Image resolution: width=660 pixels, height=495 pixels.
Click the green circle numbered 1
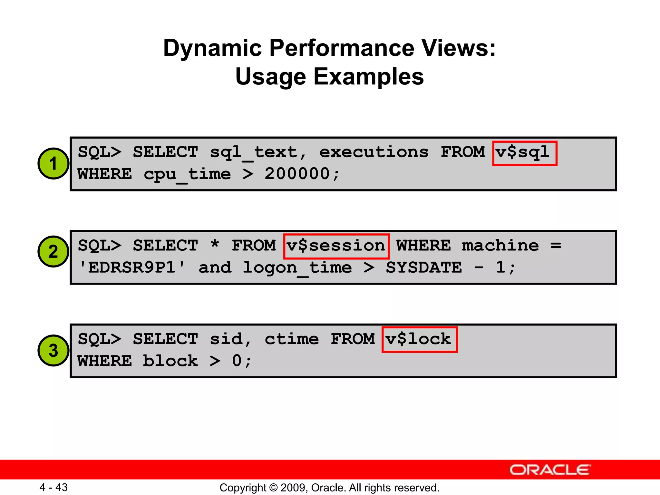click(53, 163)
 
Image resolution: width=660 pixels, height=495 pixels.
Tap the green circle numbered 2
click(53, 251)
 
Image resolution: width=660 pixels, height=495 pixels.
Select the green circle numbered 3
click(53, 350)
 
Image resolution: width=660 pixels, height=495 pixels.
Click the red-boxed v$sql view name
click(525, 153)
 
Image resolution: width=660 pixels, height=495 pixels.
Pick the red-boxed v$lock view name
click(419, 340)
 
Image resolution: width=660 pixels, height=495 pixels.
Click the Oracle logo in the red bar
click(550, 470)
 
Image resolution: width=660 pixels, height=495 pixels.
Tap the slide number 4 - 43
click(53, 487)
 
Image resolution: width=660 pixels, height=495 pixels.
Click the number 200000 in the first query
click(297, 174)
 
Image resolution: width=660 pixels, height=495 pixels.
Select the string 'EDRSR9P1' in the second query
click(132, 267)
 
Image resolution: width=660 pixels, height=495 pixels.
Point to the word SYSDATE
click(424, 267)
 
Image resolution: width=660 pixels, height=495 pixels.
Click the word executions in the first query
click(374, 152)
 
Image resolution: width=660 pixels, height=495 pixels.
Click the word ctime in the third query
click(292, 339)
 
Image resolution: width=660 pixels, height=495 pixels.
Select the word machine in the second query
click(500, 246)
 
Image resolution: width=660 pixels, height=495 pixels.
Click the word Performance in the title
click(341, 48)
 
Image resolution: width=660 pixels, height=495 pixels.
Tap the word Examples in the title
click(369, 77)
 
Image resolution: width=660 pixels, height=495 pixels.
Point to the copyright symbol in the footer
click(273, 488)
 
